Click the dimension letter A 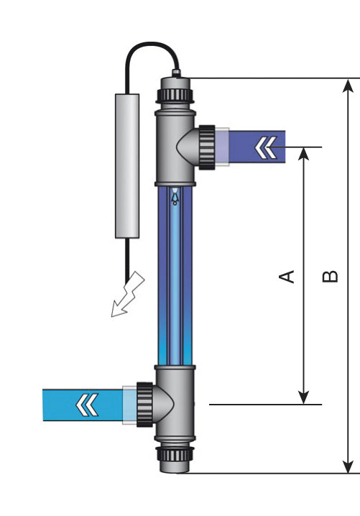coord(287,276)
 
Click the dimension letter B coord(330,276)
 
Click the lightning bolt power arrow coord(127,296)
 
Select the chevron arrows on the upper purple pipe coord(265,148)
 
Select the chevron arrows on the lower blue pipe coord(87,405)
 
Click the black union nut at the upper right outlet coord(207,147)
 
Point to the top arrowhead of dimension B coord(349,86)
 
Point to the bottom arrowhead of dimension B coord(349,465)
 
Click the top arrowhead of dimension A coord(304,154)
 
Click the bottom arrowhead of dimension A coord(304,397)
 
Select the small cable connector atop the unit coord(175,73)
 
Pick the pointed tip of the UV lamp coord(175,194)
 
